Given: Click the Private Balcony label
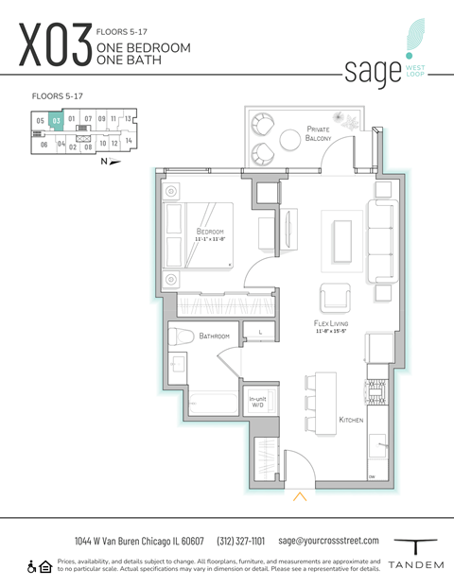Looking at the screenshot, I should coord(319,133).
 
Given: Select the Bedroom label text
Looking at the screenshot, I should coord(210,232).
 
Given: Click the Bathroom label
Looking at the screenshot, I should coord(215,335).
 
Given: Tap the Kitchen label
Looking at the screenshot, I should coord(352,420).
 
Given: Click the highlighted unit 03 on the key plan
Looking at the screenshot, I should coord(57,120).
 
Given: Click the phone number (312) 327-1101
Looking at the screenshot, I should coord(241,541).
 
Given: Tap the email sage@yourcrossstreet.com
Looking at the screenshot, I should coord(328,541).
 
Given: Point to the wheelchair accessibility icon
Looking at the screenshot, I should coord(31,566).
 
